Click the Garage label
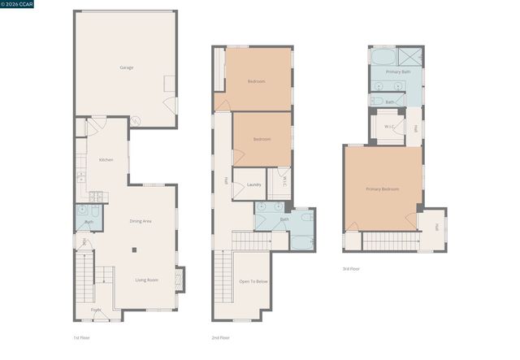(x=126, y=67)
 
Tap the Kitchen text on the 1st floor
(x=106, y=159)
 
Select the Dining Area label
(x=141, y=221)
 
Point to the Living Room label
(x=146, y=280)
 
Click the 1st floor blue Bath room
(x=88, y=221)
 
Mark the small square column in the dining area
(x=135, y=250)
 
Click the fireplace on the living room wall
(x=180, y=279)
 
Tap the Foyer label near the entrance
(x=96, y=310)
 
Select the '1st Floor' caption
(x=81, y=337)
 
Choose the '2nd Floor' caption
(x=220, y=337)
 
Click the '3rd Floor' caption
(x=351, y=268)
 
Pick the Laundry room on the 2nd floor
(x=253, y=184)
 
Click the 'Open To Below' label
(x=253, y=281)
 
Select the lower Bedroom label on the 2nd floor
(x=262, y=139)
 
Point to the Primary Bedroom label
(x=382, y=189)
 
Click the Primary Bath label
(x=398, y=72)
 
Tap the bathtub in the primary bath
(x=383, y=57)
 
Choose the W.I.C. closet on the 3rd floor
(x=389, y=127)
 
